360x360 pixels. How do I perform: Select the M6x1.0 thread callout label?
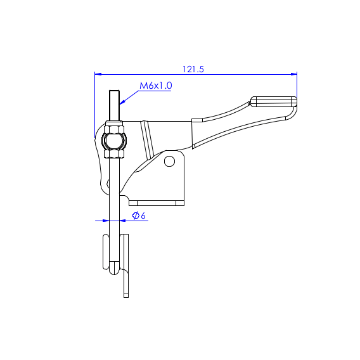click(156, 86)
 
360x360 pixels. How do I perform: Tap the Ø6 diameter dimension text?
click(139, 216)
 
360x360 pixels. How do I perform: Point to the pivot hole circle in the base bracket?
click(169, 161)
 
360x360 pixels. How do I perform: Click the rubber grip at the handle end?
click(273, 101)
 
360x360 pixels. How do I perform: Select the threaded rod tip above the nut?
click(114, 105)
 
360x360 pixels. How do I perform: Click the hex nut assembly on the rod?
click(114, 140)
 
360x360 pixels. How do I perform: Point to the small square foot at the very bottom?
click(126, 294)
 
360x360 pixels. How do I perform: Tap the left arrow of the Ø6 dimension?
click(105, 221)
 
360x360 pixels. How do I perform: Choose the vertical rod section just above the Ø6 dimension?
click(113, 203)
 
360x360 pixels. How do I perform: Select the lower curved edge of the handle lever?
click(241, 129)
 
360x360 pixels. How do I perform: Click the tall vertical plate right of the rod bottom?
click(125, 254)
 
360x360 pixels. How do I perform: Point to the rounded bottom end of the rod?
click(113, 269)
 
